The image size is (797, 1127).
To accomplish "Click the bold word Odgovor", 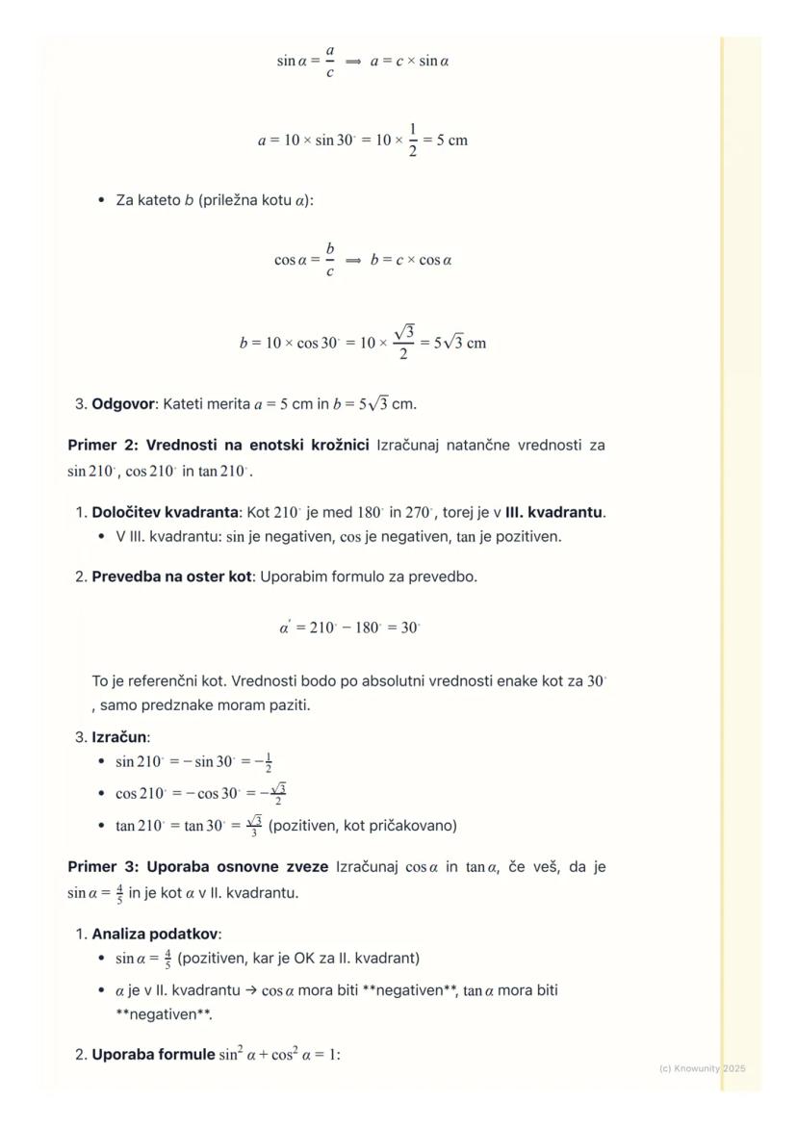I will (x=123, y=404).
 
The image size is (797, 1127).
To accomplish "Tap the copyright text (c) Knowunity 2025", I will (x=702, y=1068).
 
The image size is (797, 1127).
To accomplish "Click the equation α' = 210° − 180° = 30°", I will (x=349, y=628).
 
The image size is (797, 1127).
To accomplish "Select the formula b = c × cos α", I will (x=411, y=260).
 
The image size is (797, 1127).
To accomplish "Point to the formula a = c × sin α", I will (x=410, y=62).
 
